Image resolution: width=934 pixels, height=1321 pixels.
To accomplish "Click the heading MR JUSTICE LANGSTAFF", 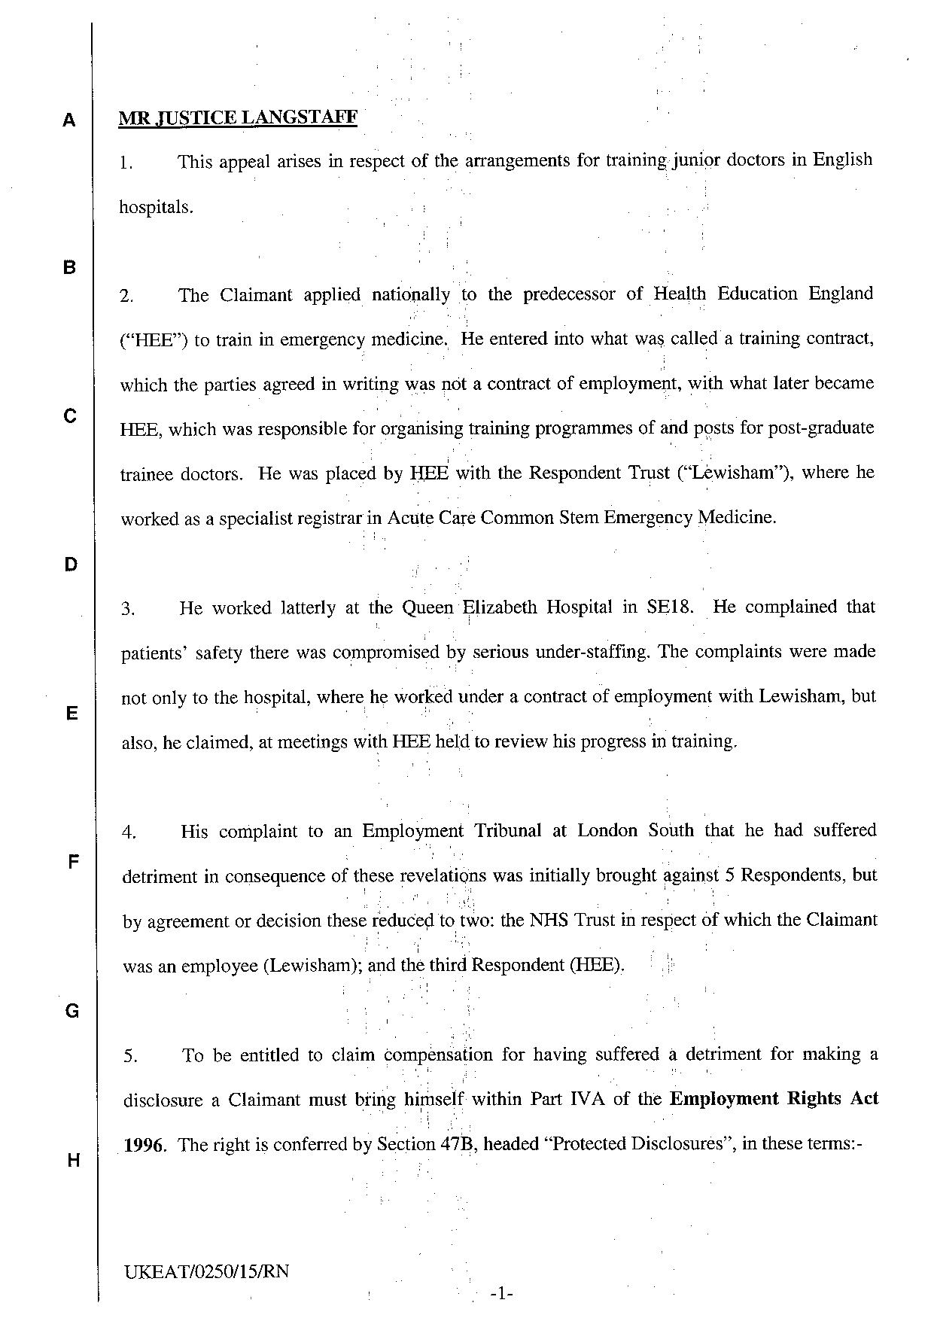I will click(238, 117).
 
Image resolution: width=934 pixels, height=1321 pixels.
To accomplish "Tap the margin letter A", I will click(69, 120).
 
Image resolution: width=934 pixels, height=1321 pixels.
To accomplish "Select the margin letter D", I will click(70, 565).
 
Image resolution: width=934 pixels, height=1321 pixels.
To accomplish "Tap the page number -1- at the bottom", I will click(500, 1294).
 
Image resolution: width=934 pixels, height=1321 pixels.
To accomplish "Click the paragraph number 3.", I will click(129, 609).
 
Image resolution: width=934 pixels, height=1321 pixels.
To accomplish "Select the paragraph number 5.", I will click(131, 1057).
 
